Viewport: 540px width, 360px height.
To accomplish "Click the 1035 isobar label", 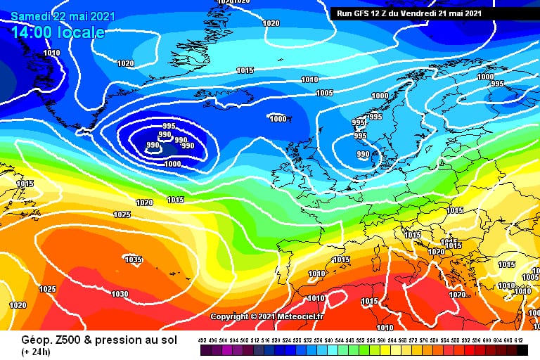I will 133,259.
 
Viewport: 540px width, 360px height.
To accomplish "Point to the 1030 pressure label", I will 120,294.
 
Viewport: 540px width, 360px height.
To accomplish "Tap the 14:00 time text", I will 32,32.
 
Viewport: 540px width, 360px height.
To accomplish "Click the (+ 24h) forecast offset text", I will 20,351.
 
